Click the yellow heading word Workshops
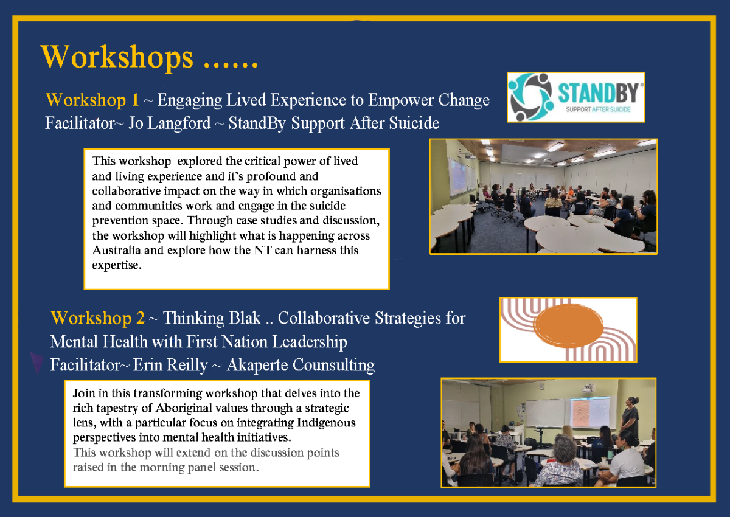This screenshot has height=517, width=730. [x=117, y=57]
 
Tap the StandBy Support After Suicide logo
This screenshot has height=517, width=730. [x=576, y=97]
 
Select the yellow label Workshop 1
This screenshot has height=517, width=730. [x=92, y=100]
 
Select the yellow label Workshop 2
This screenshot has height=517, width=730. [x=98, y=318]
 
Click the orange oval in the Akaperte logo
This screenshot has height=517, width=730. [x=568, y=325]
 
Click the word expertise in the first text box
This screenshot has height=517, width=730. [x=117, y=266]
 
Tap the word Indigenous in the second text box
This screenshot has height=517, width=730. [x=326, y=423]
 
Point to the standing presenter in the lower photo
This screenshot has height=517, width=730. [x=630, y=418]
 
